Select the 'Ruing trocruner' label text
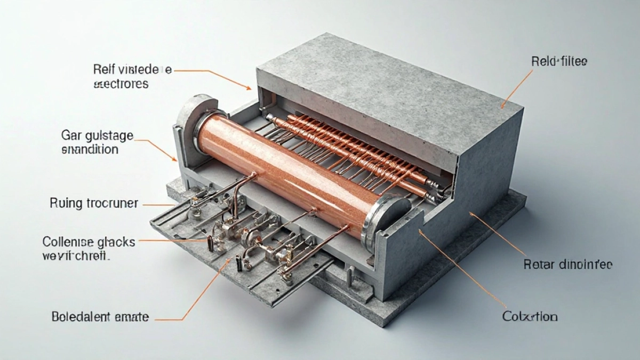point(94,203)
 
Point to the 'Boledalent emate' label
point(100,317)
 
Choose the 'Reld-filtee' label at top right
point(558,62)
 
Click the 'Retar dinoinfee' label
point(568,264)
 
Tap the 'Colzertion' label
point(530,317)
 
